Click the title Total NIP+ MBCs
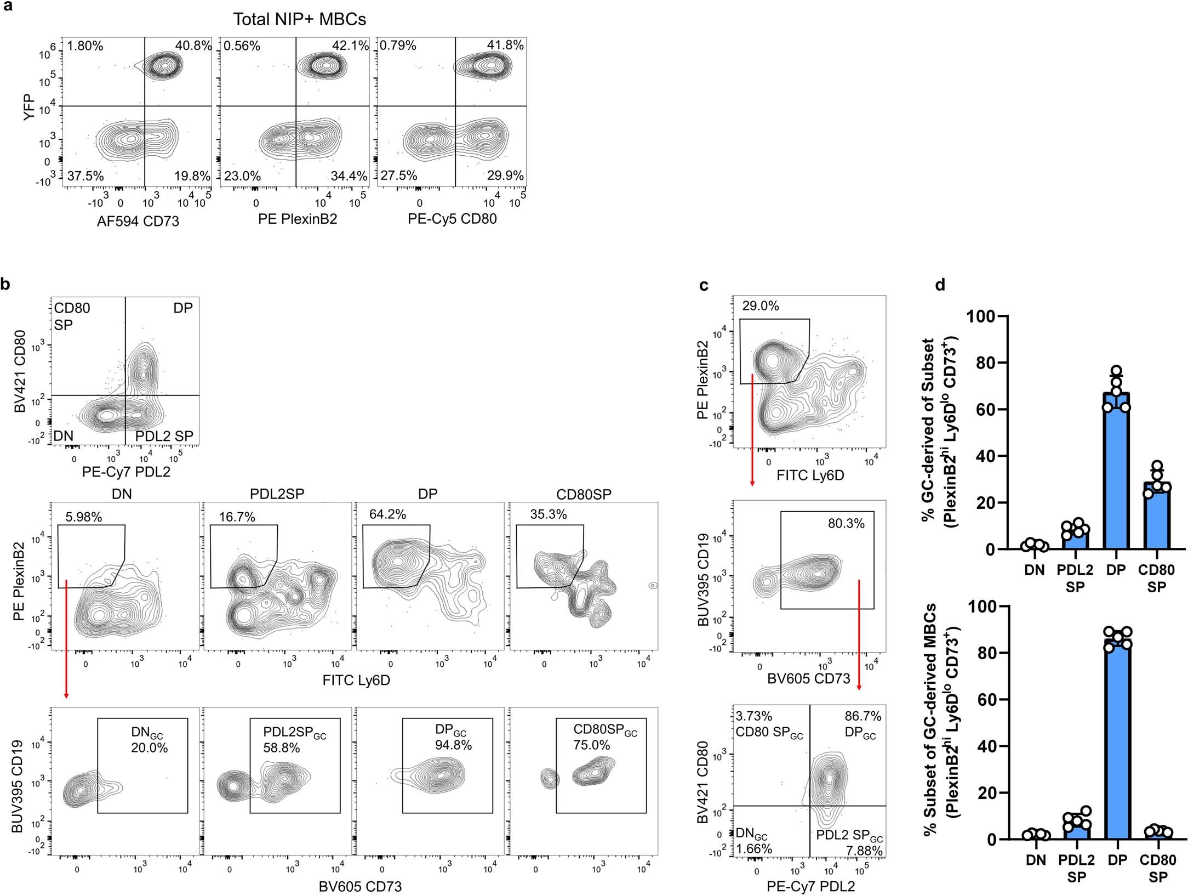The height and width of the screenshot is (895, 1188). click(299, 19)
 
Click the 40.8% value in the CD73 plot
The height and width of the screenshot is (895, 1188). click(193, 46)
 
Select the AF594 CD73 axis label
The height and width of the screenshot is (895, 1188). click(138, 221)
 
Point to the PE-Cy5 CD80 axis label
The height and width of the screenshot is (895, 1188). click(452, 219)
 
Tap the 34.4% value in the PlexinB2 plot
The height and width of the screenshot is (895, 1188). click(349, 176)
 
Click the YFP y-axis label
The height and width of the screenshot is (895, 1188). click(30, 106)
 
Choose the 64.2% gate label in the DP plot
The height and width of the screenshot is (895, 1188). click(387, 514)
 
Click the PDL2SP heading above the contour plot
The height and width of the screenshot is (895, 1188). click(277, 494)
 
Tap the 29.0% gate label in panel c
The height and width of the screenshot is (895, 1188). click(761, 306)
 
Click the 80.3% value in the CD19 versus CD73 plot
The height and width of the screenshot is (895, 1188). click(846, 523)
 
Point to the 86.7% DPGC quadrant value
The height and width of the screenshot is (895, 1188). click(863, 716)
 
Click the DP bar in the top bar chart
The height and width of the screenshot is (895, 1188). click(1116, 472)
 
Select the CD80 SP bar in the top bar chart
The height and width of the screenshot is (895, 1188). click(1156, 516)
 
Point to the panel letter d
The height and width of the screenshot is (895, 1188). click(940, 285)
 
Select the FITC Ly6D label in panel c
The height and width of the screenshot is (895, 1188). click(810, 475)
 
